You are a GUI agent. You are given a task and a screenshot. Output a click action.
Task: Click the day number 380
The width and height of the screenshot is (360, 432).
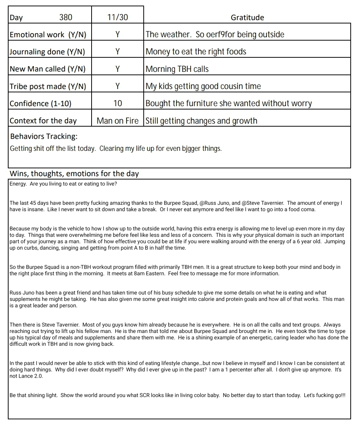(66, 18)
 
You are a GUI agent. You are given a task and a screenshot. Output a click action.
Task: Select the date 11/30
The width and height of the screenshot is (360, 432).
(117, 18)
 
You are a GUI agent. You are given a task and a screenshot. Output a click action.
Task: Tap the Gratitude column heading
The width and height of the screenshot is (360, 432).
(247, 18)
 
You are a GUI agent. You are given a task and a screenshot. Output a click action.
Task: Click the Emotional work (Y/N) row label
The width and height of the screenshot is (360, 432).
(48, 35)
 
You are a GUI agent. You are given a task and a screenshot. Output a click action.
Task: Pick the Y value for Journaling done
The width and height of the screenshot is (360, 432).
(117, 52)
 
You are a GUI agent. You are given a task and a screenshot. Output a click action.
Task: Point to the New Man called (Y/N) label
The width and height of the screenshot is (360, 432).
(48, 69)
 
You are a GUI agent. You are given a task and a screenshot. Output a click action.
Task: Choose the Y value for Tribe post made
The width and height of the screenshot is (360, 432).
(117, 86)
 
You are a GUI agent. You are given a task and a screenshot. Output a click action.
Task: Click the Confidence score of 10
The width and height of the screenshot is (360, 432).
(117, 103)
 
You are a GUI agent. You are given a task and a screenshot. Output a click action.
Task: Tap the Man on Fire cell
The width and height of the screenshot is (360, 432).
(117, 121)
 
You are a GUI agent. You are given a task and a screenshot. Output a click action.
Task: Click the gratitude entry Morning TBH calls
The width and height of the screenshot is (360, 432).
(177, 69)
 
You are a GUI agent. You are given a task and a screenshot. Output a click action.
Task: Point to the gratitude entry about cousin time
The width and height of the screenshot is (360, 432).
(203, 86)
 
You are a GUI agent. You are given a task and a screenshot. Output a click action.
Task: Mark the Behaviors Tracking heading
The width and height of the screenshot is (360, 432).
(44, 136)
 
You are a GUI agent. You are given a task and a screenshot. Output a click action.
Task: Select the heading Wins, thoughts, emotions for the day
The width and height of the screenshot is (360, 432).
(74, 174)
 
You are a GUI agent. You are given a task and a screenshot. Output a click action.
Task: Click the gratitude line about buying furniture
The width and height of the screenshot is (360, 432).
(229, 103)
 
